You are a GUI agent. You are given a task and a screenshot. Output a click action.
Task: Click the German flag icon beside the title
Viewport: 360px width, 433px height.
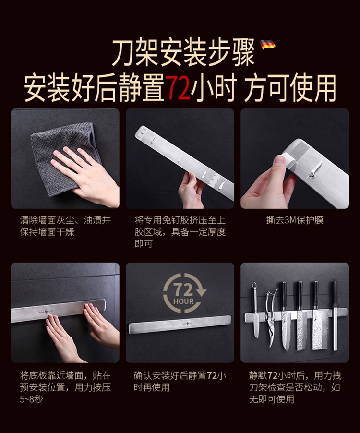pyautogui.click(x=267, y=45)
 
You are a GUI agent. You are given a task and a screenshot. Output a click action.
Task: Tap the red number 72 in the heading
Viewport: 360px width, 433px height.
pyautogui.click(x=179, y=87)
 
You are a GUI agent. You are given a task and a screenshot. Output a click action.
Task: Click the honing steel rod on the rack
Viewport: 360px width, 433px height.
pyautogui.click(x=335, y=315)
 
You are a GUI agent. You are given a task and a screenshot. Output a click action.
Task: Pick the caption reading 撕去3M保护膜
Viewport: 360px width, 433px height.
pyautogui.click(x=295, y=220)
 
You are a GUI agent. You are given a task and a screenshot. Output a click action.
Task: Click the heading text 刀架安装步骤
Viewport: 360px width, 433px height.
pyautogui.click(x=183, y=53)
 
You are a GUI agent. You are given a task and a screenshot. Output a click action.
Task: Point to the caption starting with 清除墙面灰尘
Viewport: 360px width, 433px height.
pyautogui.click(x=65, y=226)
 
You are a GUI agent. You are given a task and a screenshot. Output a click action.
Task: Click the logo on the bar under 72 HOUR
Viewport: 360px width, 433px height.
pyautogui.click(x=187, y=322)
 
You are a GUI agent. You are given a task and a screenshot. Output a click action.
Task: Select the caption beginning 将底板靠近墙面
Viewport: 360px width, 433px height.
pyautogui.click(x=65, y=387)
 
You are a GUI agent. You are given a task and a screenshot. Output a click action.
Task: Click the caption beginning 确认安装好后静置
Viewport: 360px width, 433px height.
pyautogui.click(x=180, y=381)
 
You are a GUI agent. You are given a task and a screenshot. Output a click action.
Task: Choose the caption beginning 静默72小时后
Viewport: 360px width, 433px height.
pyautogui.click(x=295, y=387)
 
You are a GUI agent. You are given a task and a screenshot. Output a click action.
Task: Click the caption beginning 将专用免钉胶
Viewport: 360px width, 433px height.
pyautogui.click(x=180, y=232)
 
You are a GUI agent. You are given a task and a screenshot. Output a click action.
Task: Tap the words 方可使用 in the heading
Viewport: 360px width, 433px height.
pyautogui.click(x=290, y=87)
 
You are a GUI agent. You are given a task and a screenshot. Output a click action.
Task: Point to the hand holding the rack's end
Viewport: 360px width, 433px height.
pyautogui.click(x=191, y=191)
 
